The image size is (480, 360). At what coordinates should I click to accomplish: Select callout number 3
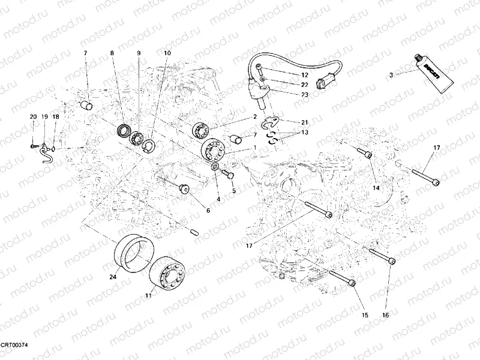pos(391,75)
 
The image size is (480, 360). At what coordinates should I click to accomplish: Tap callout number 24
pos(112,277)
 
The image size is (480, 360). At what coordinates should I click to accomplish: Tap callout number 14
pos(376,188)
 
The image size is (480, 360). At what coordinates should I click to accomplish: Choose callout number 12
pos(305,74)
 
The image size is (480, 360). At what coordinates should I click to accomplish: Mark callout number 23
pos(305,95)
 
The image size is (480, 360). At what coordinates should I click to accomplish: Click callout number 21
pos(304,122)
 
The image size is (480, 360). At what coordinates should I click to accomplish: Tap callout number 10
pos(167,53)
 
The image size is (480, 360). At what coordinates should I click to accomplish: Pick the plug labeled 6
pos(184,190)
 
